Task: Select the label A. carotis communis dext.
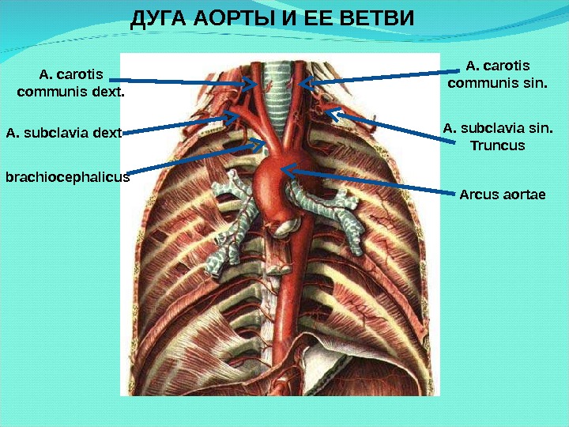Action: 70,83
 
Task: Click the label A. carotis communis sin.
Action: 497,74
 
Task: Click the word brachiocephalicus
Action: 67,178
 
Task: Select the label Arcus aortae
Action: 503,194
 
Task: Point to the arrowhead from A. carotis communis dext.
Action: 252,81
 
